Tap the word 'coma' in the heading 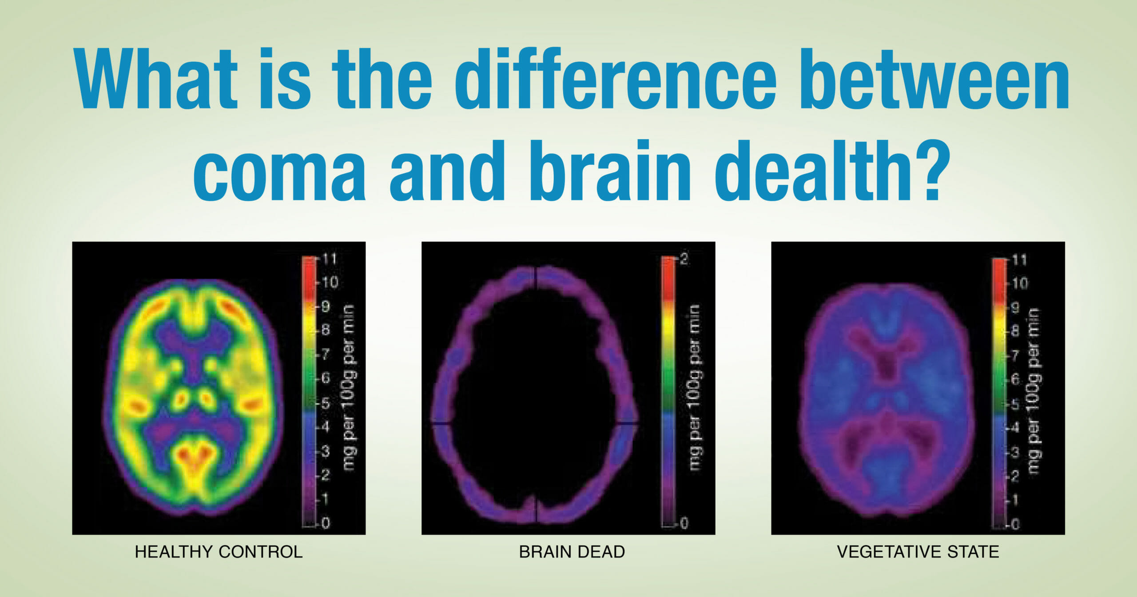tap(279, 171)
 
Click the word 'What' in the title tap(155, 79)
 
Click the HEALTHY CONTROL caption tap(219, 552)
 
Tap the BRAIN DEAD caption tap(572, 552)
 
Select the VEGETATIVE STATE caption tap(918, 552)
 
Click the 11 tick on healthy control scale tap(329, 259)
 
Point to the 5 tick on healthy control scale tap(326, 403)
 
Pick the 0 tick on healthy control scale tap(326, 523)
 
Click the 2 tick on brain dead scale tap(684, 259)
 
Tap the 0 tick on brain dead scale tap(684, 523)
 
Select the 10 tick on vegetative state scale tap(1020, 283)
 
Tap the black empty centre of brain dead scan tap(533, 391)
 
